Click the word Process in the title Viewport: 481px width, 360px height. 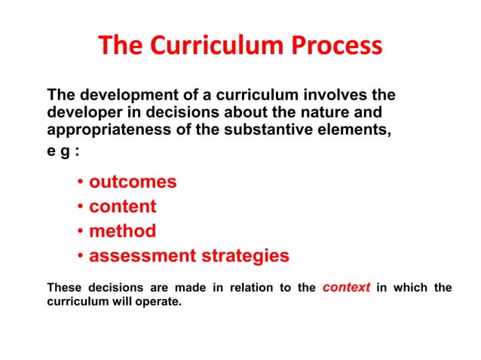click(337, 47)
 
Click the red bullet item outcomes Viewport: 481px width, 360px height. click(133, 182)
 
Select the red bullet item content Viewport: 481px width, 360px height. click(123, 206)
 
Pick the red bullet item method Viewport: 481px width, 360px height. click(123, 231)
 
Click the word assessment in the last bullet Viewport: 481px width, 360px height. click(141, 256)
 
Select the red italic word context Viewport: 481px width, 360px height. click(345, 287)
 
